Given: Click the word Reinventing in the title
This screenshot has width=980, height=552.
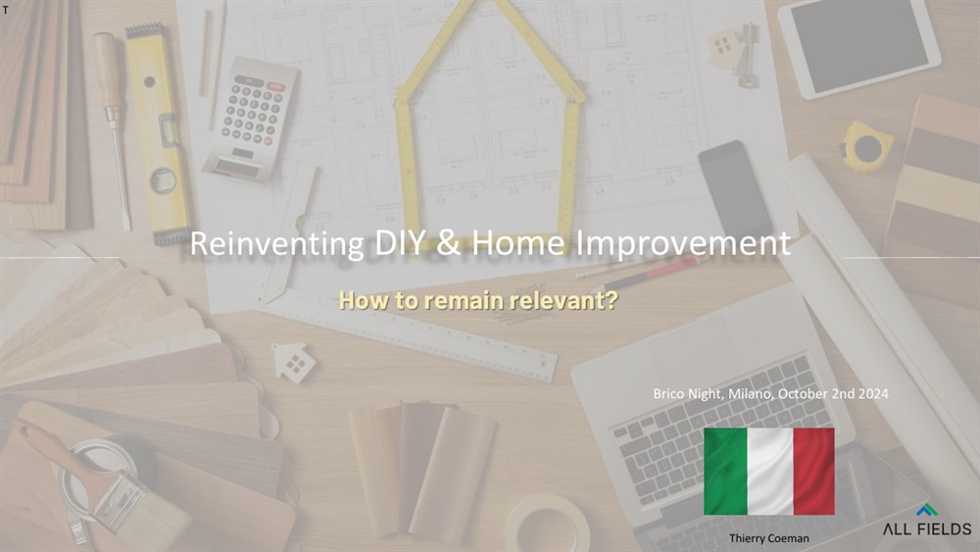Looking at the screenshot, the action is tap(276, 244).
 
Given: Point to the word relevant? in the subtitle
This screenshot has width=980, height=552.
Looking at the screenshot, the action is tap(563, 300).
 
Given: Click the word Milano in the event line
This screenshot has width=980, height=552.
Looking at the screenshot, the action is tap(751, 394).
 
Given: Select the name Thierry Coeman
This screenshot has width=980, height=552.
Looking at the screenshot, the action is tap(768, 538).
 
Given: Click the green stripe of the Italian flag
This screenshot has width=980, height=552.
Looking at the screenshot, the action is tap(725, 472).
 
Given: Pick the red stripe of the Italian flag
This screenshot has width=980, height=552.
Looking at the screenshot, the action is tap(813, 472).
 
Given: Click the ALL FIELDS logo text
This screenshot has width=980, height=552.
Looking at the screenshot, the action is tap(927, 528).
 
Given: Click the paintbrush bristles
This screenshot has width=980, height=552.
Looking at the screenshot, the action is tap(151, 513).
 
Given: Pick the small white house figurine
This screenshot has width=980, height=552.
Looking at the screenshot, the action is tap(294, 363).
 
